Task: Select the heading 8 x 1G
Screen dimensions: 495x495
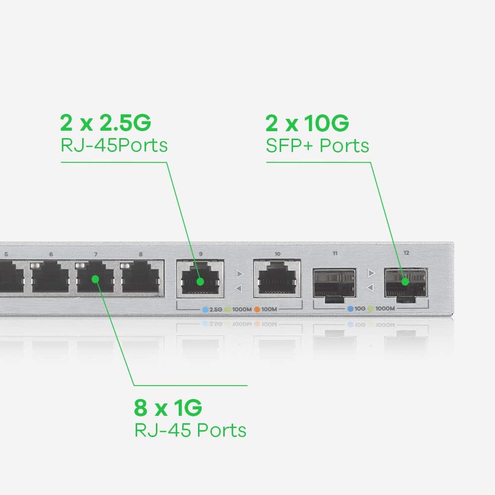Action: coord(168,408)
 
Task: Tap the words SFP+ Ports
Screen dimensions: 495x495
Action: coord(317,146)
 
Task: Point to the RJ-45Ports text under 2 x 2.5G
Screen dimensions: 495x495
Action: coord(114,146)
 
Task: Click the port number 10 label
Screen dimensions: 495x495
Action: coord(277,254)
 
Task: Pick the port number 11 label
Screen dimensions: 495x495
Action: coord(335,253)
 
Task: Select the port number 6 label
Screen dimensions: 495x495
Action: coord(51,254)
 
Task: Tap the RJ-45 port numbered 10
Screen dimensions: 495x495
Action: coord(277,280)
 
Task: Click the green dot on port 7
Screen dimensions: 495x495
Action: coord(96,279)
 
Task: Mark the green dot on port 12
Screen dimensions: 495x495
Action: coord(405,282)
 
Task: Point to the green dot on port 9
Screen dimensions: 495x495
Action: coord(200,282)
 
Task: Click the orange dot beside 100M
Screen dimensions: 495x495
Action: coord(257,309)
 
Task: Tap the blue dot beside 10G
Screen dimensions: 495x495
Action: coord(350,308)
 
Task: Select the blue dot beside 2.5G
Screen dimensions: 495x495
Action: coord(205,309)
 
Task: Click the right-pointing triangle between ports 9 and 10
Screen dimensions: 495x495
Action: coord(240,273)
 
